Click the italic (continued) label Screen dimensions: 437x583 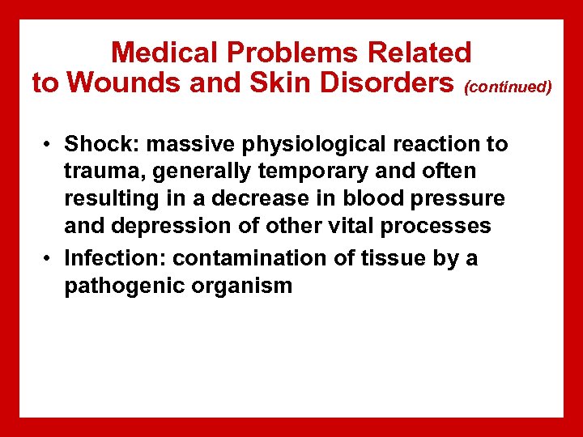point(508,86)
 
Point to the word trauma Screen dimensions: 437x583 point(100,172)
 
